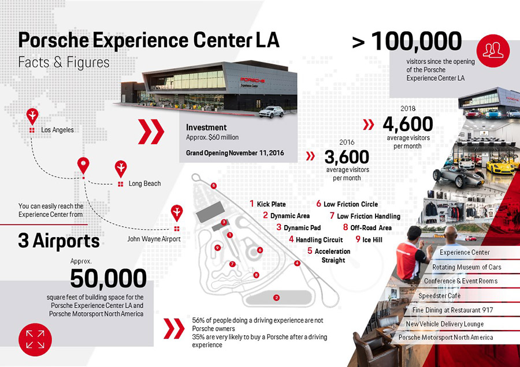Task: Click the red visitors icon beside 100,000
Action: pos(492,47)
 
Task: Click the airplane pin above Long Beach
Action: pos(121,168)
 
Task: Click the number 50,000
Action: pos(108,278)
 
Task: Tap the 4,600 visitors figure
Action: pos(407,124)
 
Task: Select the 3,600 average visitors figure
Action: pos(346,157)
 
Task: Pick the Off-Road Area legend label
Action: pos(370,227)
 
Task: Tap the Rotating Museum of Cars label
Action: pos(466,267)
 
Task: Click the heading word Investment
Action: pos(206,127)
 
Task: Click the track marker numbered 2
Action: pos(277,297)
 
